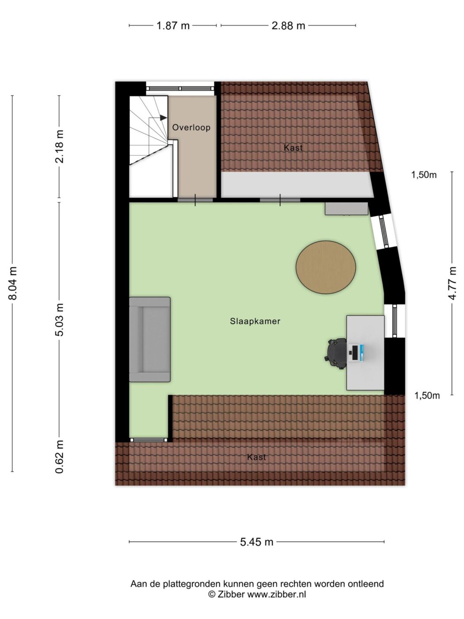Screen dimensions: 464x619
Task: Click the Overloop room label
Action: click(x=191, y=127)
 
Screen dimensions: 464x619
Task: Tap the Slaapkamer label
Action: click(x=255, y=321)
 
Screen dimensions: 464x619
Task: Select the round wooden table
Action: click(x=326, y=267)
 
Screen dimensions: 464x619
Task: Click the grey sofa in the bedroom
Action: click(x=150, y=340)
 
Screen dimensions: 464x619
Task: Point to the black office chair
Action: click(x=336, y=354)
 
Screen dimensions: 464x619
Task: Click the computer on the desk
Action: click(x=357, y=352)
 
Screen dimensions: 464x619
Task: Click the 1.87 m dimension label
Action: click(x=173, y=26)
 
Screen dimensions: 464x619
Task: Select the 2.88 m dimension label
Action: click(x=288, y=26)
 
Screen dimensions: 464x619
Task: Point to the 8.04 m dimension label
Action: click(x=13, y=283)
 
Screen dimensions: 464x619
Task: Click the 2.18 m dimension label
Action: click(x=60, y=147)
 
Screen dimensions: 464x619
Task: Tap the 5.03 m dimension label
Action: click(x=60, y=320)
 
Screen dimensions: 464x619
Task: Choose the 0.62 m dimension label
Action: click(x=60, y=457)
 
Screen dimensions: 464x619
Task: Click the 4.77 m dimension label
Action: click(x=453, y=283)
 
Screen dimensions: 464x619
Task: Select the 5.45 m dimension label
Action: click(x=257, y=542)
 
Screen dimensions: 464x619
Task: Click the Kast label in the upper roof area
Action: click(x=293, y=148)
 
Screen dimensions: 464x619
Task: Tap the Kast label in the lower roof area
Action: click(x=256, y=457)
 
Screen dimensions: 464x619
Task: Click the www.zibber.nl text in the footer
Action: click(x=277, y=594)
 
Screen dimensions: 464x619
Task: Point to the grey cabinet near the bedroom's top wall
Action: click(x=346, y=209)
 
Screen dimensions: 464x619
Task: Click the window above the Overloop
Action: click(x=180, y=88)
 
